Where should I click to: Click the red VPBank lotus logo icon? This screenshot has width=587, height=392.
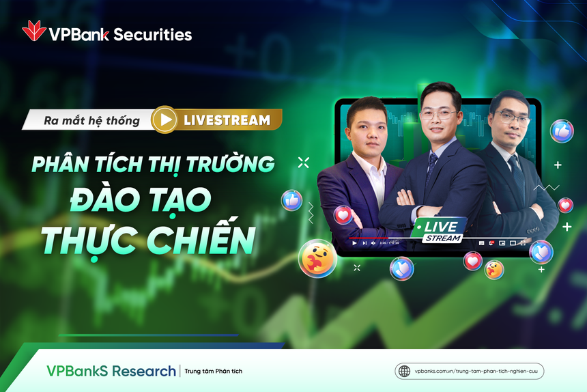33,31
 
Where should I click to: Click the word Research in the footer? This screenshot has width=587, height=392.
144,371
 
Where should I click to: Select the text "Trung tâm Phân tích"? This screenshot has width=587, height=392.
212,372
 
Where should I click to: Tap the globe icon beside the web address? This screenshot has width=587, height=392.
404,371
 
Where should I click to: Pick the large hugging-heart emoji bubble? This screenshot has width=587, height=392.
317,257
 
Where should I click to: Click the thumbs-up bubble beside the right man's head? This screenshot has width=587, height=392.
561,130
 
